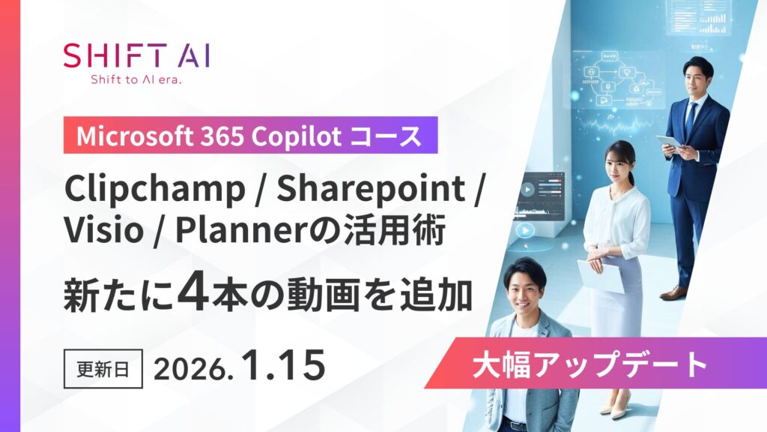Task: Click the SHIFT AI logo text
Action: [136, 57]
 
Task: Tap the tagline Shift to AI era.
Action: [136, 79]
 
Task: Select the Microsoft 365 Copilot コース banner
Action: [249, 136]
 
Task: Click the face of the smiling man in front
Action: [527, 289]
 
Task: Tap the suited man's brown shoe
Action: [673, 293]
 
